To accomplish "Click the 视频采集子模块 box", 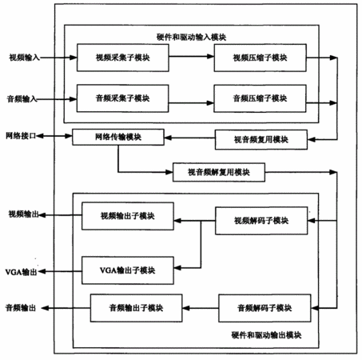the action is click(x=123, y=58).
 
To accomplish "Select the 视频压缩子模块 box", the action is click(x=260, y=58).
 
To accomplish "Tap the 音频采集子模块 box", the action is click(x=122, y=98).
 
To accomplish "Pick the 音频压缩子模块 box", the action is click(x=260, y=98).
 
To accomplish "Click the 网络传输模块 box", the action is click(x=118, y=137).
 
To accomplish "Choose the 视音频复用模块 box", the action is click(x=261, y=139).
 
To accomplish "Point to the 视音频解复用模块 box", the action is click(x=219, y=172).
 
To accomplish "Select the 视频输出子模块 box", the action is click(x=128, y=216).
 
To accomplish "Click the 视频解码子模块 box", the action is click(x=261, y=221).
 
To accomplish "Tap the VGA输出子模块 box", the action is click(x=128, y=270).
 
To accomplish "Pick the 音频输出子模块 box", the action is click(x=137, y=308).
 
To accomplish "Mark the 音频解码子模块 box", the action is click(x=265, y=308).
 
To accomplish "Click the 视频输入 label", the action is click(x=25, y=58).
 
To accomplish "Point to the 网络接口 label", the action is click(x=21, y=136).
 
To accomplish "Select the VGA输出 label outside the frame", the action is click(x=21, y=272).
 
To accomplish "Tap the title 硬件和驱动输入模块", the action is click(x=191, y=37).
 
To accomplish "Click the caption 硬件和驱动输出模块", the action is click(x=266, y=335).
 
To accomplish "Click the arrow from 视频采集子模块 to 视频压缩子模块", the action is click(x=192, y=56).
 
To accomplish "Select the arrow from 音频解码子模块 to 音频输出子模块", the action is click(x=201, y=308).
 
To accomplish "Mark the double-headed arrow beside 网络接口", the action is click(x=54, y=136).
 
